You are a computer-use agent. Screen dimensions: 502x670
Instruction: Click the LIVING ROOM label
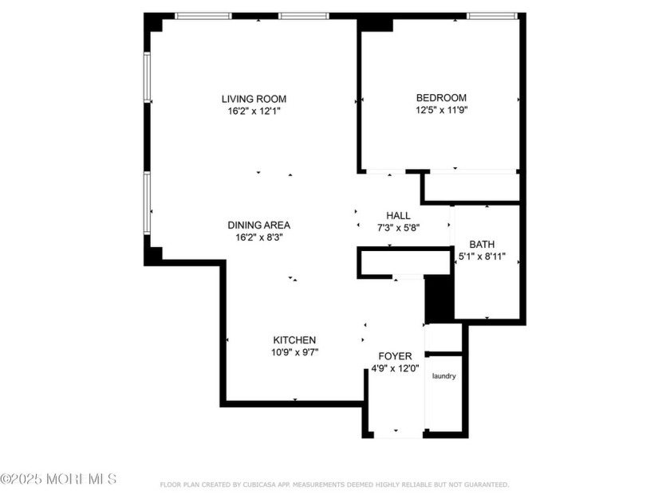[254, 99]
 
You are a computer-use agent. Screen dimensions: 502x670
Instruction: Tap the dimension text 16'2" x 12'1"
[254, 112]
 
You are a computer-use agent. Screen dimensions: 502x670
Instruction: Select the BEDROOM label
[441, 98]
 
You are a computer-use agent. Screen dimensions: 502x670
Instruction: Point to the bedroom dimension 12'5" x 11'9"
[441, 111]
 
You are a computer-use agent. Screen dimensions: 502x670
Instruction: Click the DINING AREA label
[259, 225]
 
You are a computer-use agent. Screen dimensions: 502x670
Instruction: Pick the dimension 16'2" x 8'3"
[259, 237]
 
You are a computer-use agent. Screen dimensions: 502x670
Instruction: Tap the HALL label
[398, 215]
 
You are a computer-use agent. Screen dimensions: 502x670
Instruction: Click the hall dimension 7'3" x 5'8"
[398, 228]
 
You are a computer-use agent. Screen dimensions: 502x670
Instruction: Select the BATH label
[482, 245]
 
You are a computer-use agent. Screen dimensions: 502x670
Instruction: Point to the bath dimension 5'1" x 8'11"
[482, 257]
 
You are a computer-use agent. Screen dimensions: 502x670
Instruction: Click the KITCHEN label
[294, 339]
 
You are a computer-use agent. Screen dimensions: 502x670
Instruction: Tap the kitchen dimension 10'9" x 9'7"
[294, 352]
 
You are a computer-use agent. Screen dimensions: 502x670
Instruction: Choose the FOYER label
[395, 355]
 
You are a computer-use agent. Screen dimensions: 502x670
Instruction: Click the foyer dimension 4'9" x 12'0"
[396, 368]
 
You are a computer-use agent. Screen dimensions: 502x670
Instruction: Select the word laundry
[444, 376]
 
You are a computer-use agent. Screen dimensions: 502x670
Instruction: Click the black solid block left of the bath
[438, 298]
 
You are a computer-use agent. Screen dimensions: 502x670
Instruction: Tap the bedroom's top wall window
[491, 15]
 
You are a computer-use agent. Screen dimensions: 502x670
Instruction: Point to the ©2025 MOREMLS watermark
[59, 479]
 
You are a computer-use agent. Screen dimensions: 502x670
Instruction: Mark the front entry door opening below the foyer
[397, 435]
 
